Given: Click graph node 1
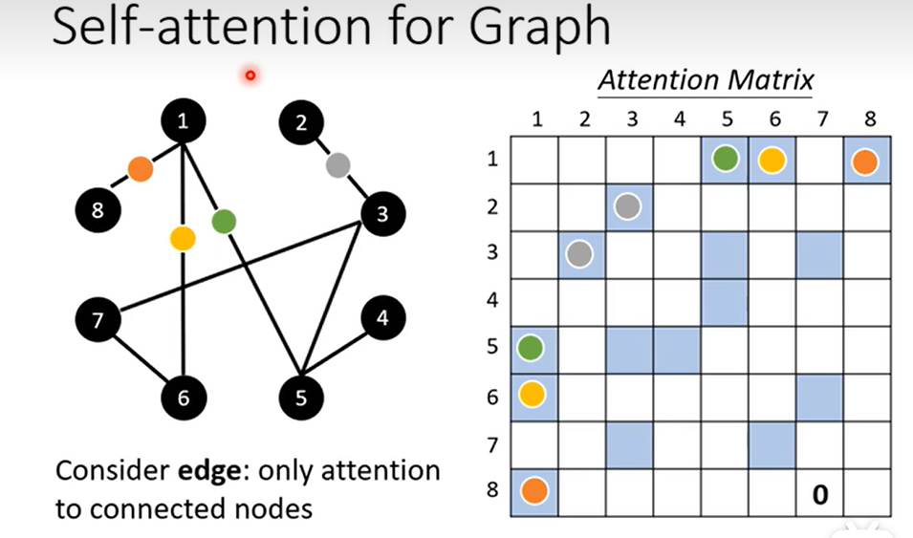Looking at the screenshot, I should click(184, 120).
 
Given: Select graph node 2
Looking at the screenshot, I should click(302, 123).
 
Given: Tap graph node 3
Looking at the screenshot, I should click(382, 214).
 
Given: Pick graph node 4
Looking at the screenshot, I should click(382, 318).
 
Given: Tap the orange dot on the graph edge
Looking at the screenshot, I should click(141, 169).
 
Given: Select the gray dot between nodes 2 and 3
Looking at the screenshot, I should click(337, 165).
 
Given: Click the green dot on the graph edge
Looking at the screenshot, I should click(223, 222).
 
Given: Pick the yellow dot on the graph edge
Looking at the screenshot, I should click(183, 238).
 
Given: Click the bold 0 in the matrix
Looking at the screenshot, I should click(819, 494).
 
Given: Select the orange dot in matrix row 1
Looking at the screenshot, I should click(866, 160).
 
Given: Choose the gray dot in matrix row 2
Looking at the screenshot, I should click(628, 206).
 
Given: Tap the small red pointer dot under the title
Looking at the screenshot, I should click(250, 75).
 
